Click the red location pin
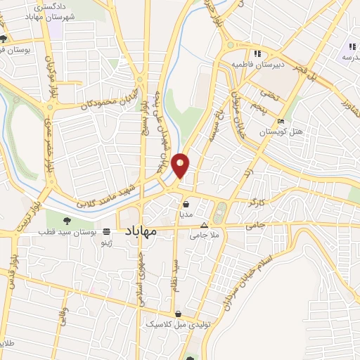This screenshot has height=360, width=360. tap(181, 165)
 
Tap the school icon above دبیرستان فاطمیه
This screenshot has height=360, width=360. tap(257, 53)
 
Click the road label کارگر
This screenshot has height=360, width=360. tap(253, 202)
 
